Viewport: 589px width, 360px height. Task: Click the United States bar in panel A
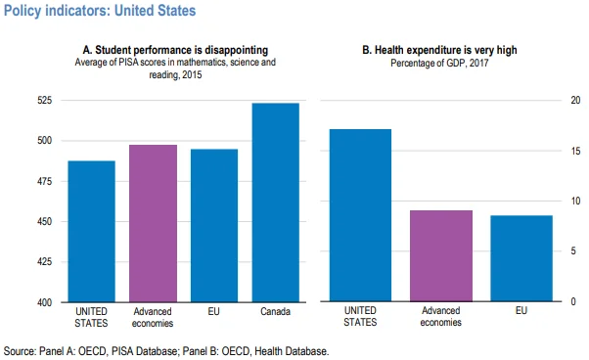click(x=91, y=231)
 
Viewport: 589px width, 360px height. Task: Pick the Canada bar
click(x=275, y=202)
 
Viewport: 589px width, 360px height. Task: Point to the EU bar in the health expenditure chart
click(x=521, y=258)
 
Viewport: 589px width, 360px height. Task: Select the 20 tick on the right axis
click(x=575, y=101)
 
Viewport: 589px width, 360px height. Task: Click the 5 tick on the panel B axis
click(x=575, y=251)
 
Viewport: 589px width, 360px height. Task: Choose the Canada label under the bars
click(x=275, y=312)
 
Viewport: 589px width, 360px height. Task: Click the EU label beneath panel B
click(x=521, y=312)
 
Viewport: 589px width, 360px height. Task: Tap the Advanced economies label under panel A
click(x=153, y=317)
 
